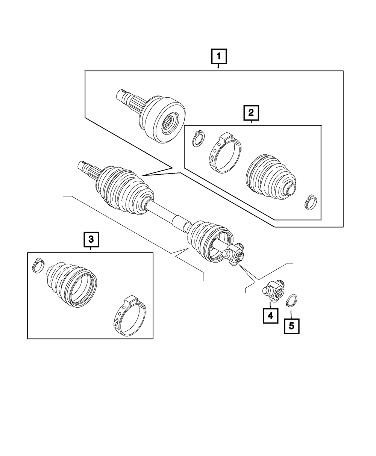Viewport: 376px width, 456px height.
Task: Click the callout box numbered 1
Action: [x=219, y=56]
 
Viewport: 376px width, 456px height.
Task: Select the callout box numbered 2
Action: [x=251, y=113]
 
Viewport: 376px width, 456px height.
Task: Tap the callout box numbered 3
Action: [x=91, y=240]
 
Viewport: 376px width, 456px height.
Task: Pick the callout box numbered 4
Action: [x=270, y=316]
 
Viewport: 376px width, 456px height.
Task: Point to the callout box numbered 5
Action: [x=292, y=326]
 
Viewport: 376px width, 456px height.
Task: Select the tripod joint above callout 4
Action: [x=273, y=291]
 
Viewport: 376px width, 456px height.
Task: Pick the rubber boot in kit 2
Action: [x=271, y=178]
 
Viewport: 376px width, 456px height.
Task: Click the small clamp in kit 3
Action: [x=39, y=265]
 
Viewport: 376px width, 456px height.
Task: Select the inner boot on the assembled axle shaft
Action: [x=208, y=241]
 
